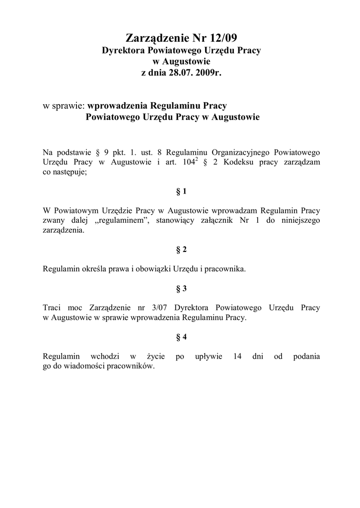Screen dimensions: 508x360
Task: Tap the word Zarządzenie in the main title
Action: coord(154,38)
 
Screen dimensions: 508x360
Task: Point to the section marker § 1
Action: coord(181,191)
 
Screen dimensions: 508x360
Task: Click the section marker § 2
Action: coord(181,250)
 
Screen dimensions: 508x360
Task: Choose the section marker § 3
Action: coord(181,288)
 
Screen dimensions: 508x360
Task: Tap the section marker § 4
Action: coord(181,337)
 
